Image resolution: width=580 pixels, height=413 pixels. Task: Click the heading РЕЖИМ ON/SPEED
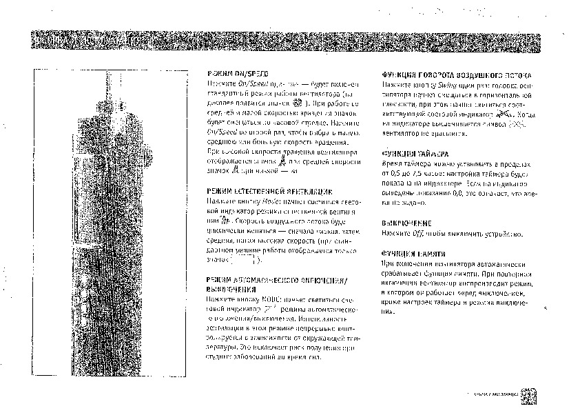[238, 73]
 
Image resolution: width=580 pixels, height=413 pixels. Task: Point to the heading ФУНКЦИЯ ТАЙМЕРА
[415, 155]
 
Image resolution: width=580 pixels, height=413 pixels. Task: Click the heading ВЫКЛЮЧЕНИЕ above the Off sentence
[406, 223]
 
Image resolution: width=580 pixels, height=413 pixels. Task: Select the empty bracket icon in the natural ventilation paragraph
[247, 261]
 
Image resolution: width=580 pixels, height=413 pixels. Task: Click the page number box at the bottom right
[530, 395]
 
